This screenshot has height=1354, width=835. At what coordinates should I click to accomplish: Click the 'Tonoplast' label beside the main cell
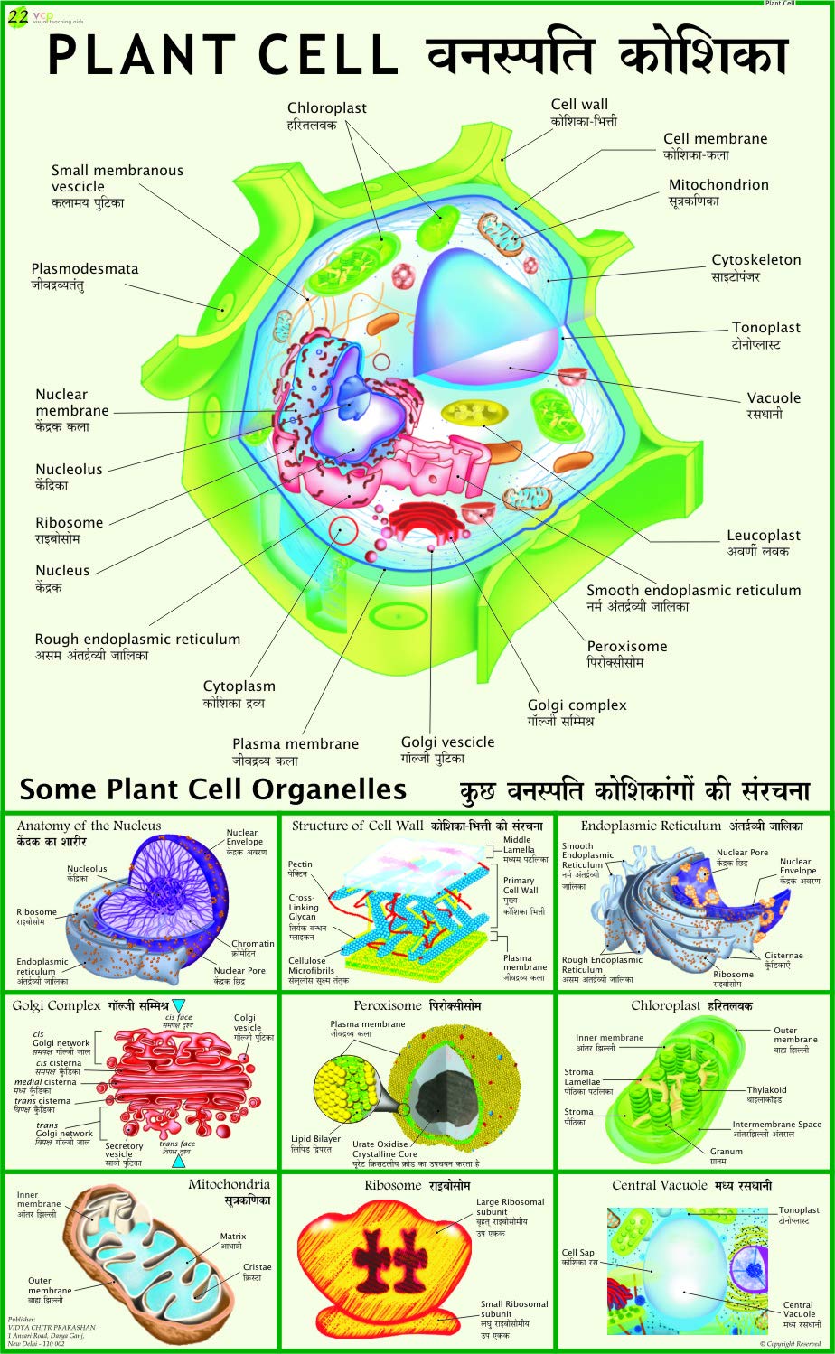pyautogui.click(x=765, y=328)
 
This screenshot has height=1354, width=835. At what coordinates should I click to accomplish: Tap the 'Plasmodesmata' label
pyautogui.click(x=85, y=269)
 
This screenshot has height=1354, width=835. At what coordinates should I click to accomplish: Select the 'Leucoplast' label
pyautogui.click(x=764, y=536)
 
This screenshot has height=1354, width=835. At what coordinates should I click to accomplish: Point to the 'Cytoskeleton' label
pyautogui.click(x=755, y=260)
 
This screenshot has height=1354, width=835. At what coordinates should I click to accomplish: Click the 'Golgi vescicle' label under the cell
pyautogui.click(x=447, y=742)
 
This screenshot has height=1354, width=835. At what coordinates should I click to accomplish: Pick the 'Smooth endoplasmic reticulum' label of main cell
pyautogui.click(x=693, y=591)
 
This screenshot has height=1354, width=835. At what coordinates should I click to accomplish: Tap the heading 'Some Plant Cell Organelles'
pyautogui.click(x=212, y=789)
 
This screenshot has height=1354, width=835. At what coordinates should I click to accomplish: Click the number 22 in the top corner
pyautogui.click(x=18, y=14)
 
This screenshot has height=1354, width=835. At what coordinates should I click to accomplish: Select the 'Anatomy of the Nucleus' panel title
pyautogui.click(x=89, y=826)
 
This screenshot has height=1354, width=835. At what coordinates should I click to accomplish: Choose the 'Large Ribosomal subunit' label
pyautogui.click(x=511, y=1207)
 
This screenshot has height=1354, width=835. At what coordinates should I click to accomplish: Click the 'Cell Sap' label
pyautogui.click(x=578, y=1253)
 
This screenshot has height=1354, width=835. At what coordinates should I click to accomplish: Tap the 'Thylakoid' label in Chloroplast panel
pyautogui.click(x=766, y=1090)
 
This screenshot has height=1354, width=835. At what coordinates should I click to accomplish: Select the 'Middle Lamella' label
pyautogui.click(x=518, y=845)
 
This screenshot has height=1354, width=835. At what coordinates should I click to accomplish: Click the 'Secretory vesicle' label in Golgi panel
pyautogui.click(x=124, y=1150)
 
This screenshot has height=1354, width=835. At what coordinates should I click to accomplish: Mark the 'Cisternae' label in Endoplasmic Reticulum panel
pyautogui.click(x=783, y=955)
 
